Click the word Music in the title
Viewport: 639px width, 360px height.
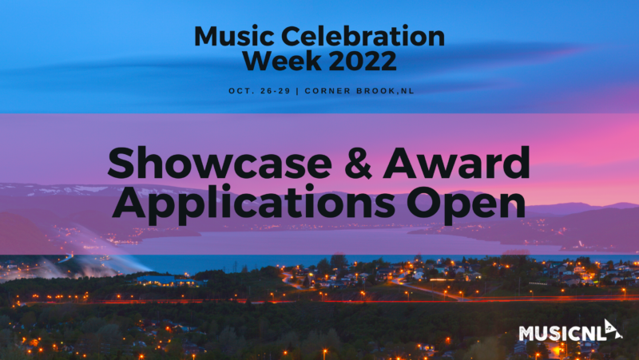(x=234, y=36)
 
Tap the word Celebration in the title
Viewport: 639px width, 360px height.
(x=363, y=36)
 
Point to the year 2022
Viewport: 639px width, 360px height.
(x=363, y=61)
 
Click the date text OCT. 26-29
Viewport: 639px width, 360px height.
(x=259, y=91)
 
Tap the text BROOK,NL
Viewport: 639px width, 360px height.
(x=385, y=91)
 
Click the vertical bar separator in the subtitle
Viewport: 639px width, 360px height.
(x=297, y=91)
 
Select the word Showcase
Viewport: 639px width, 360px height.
(x=220, y=163)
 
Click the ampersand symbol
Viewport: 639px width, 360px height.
(x=357, y=163)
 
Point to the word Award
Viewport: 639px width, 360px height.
(x=456, y=163)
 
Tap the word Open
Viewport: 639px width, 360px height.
(x=466, y=204)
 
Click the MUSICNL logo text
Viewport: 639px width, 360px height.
(x=562, y=334)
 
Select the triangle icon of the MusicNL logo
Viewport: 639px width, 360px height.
(x=613, y=330)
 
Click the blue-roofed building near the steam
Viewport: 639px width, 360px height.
(x=157, y=280)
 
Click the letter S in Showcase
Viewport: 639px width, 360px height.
(x=121, y=163)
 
